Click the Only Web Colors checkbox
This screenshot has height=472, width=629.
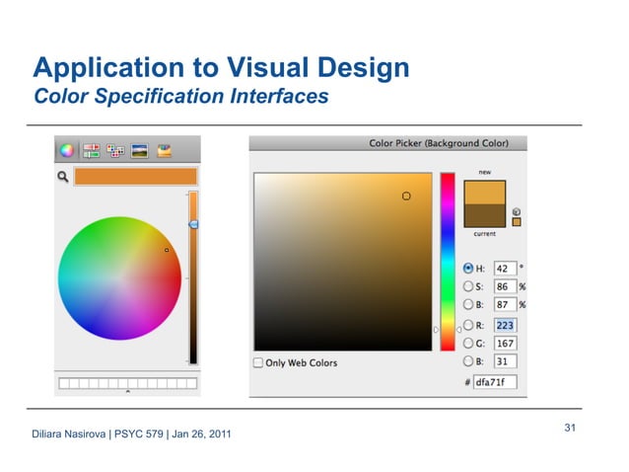click(258, 362)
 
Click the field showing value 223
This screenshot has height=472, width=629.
click(505, 324)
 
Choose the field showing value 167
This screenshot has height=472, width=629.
click(505, 343)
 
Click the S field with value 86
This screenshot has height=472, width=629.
click(505, 286)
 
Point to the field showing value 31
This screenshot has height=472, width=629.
click(505, 361)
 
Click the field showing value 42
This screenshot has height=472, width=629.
click(505, 268)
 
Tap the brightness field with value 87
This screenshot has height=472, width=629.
click(505, 305)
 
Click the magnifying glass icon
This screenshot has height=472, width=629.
click(63, 177)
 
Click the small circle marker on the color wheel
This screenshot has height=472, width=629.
click(167, 250)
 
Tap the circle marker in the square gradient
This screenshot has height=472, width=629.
click(405, 197)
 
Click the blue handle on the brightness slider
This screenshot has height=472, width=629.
click(193, 225)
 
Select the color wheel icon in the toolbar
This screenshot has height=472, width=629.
click(66, 151)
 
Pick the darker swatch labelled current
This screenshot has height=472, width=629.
click(485, 215)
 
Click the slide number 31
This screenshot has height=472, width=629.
click(570, 428)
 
